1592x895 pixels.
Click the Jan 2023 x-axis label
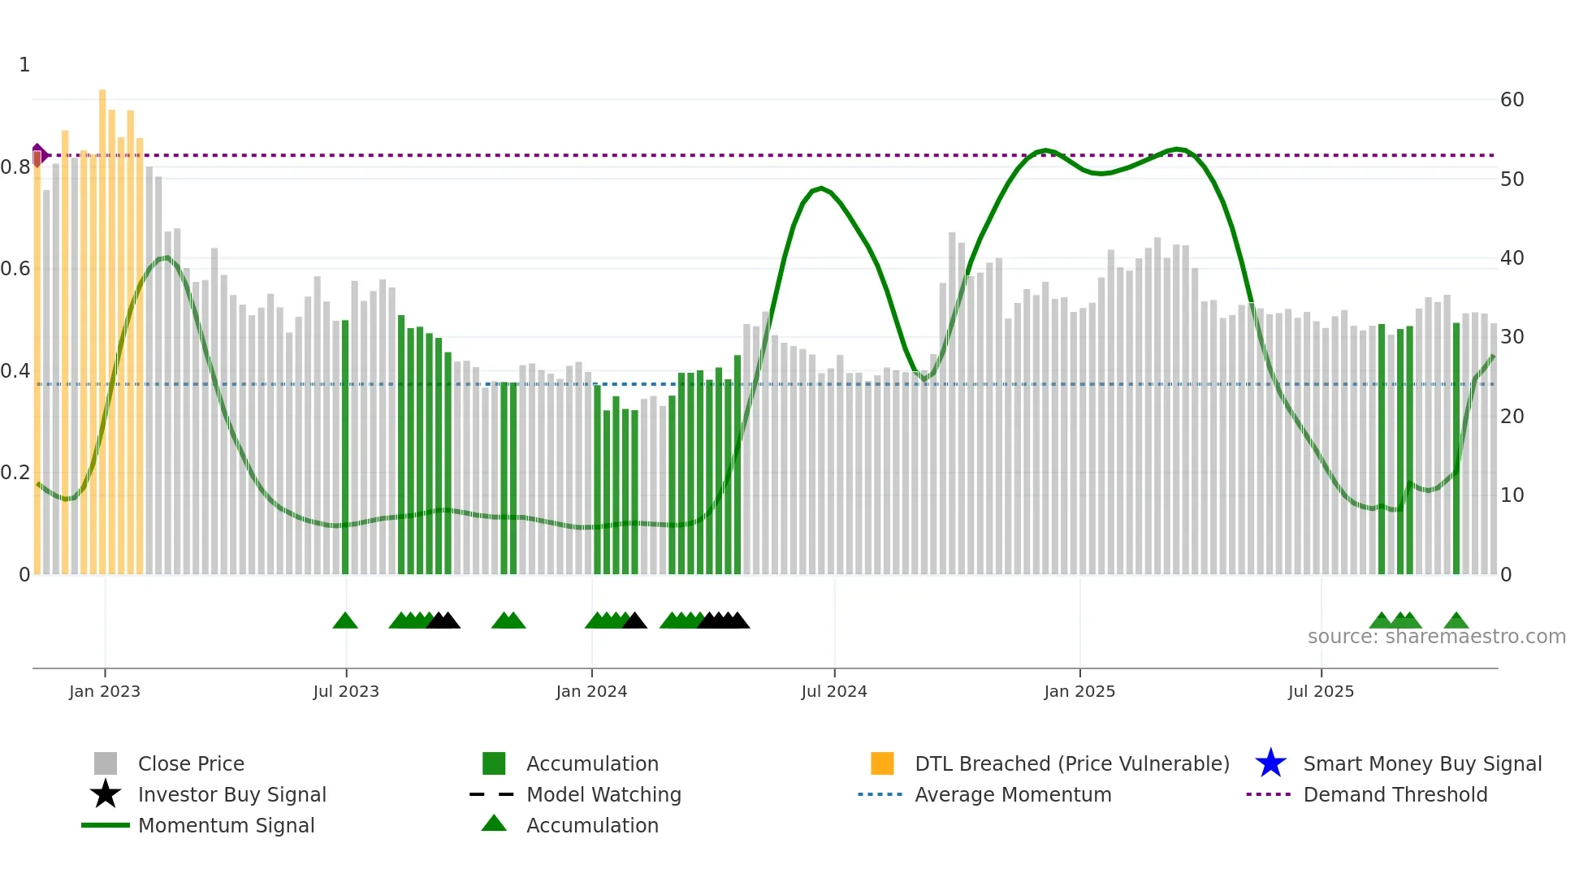pyautogui.click(x=104, y=691)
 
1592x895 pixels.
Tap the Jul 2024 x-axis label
pyautogui.click(x=833, y=691)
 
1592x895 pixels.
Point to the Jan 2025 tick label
pyautogui.click(x=1079, y=691)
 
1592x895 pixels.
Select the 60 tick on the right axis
pyautogui.click(x=1512, y=100)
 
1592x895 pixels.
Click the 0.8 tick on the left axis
pyautogui.click(x=16, y=167)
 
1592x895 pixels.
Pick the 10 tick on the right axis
pyautogui.click(x=1512, y=495)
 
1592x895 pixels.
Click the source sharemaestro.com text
pyautogui.click(x=1436, y=637)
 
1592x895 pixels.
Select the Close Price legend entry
pyautogui.click(x=191, y=763)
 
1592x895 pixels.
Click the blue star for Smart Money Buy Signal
pyautogui.click(x=1270, y=763)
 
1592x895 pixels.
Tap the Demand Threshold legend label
pyautogui.click(x=1395, y=794)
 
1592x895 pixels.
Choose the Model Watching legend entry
pyautogui.click(x=603, y=794)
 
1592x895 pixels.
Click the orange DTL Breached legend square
pyautogui.click(x=881, y=763)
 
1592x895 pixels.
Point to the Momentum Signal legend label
pyautogui.click(x=226, y=825)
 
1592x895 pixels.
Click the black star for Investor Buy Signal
pyautogui.click(x=106, y=794)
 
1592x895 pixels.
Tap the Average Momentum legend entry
pyautogui.click(x=1012, y=794)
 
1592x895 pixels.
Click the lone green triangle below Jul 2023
pyautogui.click(x=345, y=621)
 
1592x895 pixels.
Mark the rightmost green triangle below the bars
pyautogui.click(x=1456, y=621)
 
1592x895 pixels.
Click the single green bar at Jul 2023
pyautogui.click(x=345, y=447)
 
